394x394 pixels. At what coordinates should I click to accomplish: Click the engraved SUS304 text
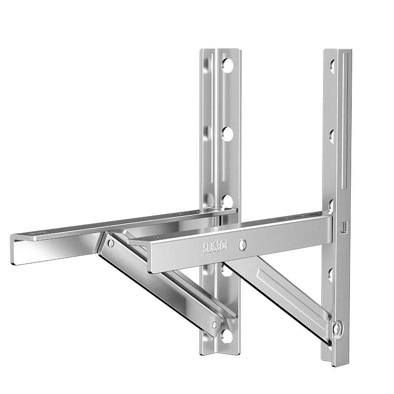(x=216, y=247)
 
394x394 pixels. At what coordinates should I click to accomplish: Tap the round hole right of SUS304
(x=242, y=245)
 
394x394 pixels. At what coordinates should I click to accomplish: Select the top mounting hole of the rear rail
(x=227, y=65)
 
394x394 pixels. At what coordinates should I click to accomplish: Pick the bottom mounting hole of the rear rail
(x=227, y=335)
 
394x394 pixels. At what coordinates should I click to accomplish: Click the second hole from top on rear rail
(x=227, y=133)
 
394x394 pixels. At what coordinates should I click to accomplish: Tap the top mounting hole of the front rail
(x=332, y=66)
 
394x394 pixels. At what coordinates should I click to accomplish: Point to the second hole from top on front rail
(x=332, y=137)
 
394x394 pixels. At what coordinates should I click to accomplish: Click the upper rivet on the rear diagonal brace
(x=110, y=243)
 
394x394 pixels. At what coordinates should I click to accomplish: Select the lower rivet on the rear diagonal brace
(x=215, y=325)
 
